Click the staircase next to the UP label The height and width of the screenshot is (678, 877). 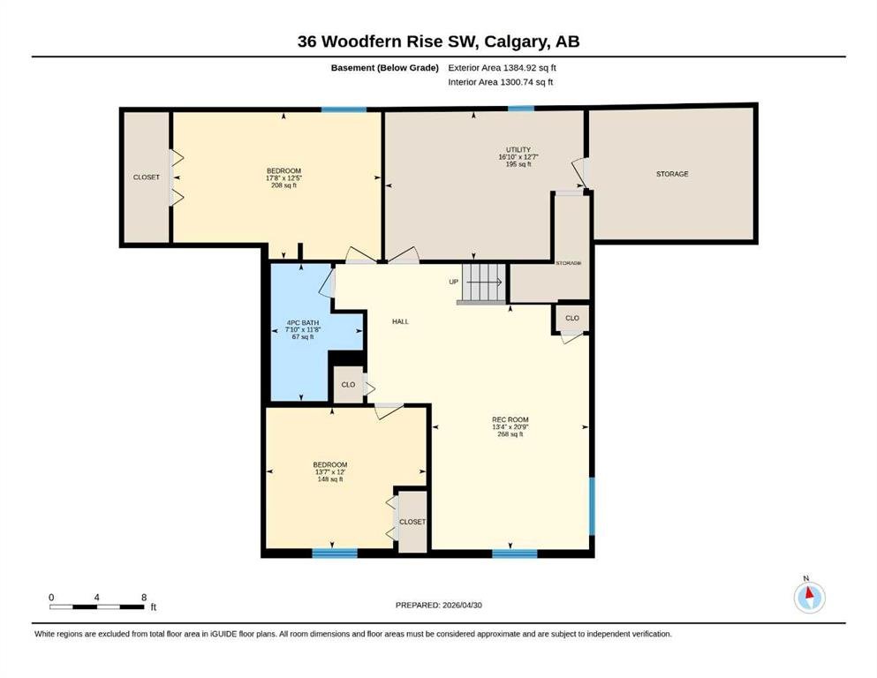(x=484, y=282)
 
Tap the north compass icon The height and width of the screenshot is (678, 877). (x=809, y=597)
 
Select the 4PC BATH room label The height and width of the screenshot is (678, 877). (x=303, y=330)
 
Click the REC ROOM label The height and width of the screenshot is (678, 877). (x=510, y=426)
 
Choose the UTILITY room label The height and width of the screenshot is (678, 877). (x=518, y=157)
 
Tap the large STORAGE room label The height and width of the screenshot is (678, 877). (x=672, y=174)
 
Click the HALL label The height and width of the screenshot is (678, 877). (x=400, y=321)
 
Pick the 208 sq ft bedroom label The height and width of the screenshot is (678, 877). (x=284, y=177)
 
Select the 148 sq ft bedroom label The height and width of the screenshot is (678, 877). (x=330, y=471)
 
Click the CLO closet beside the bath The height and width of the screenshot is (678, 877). (x=348, y=385)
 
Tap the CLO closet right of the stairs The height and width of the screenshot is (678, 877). (x=571, y=318)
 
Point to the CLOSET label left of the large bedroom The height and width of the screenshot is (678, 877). (x=146, y=177)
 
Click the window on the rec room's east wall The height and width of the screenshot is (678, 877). (x=592, y=506)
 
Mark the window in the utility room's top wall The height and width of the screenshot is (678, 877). (x=521, y=109)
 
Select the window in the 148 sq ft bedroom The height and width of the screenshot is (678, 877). (x=335, y=553)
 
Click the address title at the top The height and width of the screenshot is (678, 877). (x=438, y=41)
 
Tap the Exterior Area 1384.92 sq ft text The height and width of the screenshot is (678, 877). (x=502, y=68)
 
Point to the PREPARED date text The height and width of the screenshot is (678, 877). (x=438, y=605)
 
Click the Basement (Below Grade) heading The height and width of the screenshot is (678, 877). (x=385, y=68)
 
